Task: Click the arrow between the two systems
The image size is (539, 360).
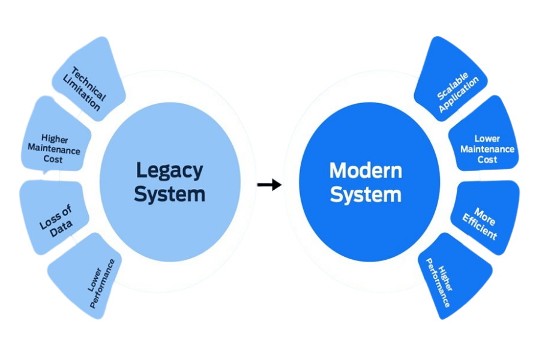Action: click(270, 185)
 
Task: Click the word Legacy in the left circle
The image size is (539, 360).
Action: click(170, 170)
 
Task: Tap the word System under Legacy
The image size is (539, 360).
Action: click(170, 194)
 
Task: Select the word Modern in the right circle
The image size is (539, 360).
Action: click(366, 170)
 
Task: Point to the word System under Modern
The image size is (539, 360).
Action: click(366, 195)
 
